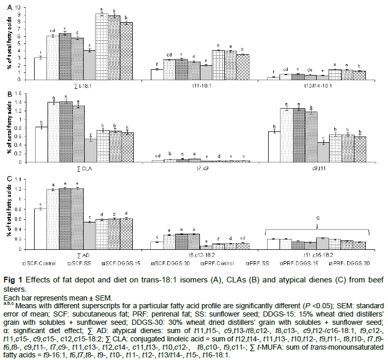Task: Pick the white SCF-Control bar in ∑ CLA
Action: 40,144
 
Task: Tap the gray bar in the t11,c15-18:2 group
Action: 324,243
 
